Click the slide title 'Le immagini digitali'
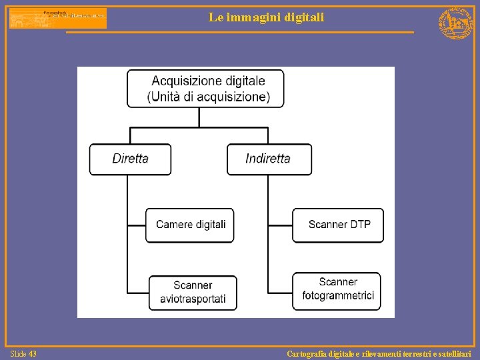(x=266, y=17)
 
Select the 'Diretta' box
(x=131, y=159)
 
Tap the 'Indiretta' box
(x=269, y=159)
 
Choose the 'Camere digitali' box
(x=191, y=225)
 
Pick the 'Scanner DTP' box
(x=339, y=225)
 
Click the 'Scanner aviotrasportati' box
(x=193, y=292)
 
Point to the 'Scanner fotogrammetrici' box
(x=338, y=289)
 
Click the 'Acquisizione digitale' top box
(x=206, y=89)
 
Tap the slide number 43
(x=33, y=354)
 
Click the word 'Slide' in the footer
(x=19, y=354)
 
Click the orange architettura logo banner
(x=57, y=18)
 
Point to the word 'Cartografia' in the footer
(x=307, y=354)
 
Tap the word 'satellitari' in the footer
(x=453, y=354)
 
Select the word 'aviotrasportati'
(x=193, y=299)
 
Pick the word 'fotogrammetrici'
(x=338, y=295)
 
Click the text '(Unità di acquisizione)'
(x=208, y=97)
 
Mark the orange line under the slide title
(x=240, y=32)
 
